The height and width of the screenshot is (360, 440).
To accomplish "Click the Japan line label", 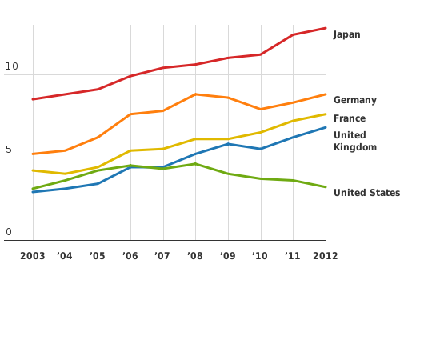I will pos(346,34).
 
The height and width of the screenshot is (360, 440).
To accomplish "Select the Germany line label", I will pos(354,100).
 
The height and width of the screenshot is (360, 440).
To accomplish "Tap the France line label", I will pos(349,118).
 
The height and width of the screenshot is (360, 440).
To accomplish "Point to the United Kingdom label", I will pos(354,141).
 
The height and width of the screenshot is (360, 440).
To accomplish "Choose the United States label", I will pos(366,193).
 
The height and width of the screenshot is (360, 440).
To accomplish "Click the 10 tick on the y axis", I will pos(11,66).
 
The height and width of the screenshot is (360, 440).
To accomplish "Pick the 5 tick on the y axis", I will pos(8,150).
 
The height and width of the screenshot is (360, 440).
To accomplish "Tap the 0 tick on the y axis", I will pos(8,233).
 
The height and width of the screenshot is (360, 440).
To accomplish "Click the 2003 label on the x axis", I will pos(32,256).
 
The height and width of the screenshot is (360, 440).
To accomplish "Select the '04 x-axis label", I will pos(65,256).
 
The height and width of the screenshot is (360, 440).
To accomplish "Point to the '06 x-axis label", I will pos(130,256).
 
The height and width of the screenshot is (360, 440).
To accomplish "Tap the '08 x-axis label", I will pos(194,256).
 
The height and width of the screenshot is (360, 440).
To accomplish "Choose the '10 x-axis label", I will pos(259,256).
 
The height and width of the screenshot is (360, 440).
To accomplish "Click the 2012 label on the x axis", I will pos(325,256).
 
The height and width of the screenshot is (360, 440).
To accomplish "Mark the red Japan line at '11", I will pos(293,34).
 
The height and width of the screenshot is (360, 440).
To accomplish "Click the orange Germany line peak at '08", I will pos(195,94).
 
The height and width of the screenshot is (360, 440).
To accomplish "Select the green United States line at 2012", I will pos(325,187).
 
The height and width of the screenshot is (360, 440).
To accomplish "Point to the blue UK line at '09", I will pos(228,144).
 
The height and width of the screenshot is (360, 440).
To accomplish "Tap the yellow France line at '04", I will pos(66,174).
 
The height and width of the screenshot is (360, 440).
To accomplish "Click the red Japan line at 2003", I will pos(33,99).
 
